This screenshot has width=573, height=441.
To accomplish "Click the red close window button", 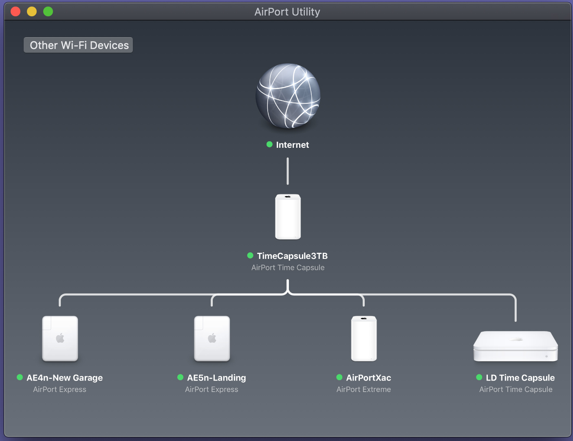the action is (x=15, y=11).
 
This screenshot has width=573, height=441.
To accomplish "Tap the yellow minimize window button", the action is (x=32, y=11).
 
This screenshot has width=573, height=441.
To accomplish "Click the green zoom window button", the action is (x=48, y=11).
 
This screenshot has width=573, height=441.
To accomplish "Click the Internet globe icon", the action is (x=288, y=96).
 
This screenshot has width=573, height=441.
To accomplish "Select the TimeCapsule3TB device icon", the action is (x=288, y=217).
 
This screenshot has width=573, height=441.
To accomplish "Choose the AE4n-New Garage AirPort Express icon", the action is (x=60, y=339).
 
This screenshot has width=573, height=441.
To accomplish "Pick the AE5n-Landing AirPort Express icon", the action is (x=212, y=339).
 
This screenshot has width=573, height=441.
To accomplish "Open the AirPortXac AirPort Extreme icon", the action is (x=364, y=339).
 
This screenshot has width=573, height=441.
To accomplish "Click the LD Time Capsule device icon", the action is (x=516, y=346).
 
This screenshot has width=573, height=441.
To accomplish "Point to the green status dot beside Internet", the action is (x=269, y=144).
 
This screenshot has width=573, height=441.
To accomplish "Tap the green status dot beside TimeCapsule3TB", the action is (x=250, y=255).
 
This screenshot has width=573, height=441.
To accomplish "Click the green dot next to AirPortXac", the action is (x=339, y=377).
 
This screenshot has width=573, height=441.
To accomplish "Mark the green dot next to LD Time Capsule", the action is (x=479, y=377).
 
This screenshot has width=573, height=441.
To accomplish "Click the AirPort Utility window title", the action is (x=287, y=12).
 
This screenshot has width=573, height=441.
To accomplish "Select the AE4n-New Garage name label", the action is (x=65, y=378).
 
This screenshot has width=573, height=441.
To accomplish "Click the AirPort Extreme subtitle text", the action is (x=364, y=389).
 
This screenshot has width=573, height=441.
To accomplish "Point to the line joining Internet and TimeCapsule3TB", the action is (x=288, y=171).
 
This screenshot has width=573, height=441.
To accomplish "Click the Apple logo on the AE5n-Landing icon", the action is (x=212, y=338).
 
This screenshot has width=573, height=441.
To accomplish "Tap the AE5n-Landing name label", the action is (x=216, y=378).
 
